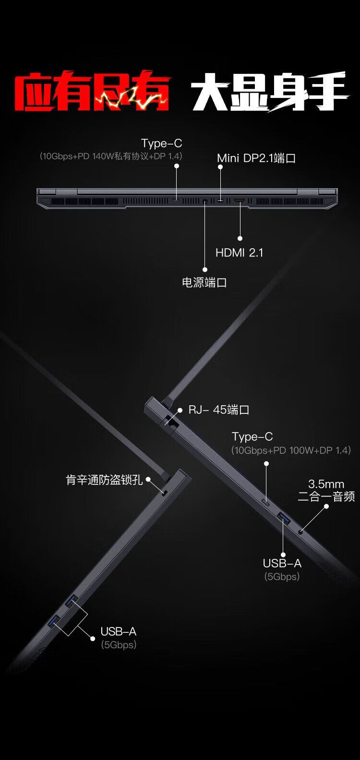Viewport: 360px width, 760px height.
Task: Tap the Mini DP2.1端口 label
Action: (x=256, y=158)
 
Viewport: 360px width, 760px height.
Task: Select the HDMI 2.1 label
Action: (x=240, y=253)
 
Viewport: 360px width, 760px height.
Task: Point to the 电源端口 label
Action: (x=204, y=282)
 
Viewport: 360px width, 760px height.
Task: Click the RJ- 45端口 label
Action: (x=218, y=410)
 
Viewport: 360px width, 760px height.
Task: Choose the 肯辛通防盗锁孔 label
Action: (x=104, y=480)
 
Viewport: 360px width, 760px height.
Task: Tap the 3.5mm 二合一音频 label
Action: (x=326, y=490)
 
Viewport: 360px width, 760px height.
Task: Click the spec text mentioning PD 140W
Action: (x=111, y=156)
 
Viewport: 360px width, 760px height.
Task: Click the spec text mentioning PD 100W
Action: (x=291, y=450)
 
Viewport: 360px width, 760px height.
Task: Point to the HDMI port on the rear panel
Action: (x=240, y=201)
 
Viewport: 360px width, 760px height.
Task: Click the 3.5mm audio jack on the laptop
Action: (x=301, y=531)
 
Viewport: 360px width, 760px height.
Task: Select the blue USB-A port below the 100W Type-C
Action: (x=284, y=518)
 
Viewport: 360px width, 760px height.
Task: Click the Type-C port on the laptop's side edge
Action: (x=266, y=502)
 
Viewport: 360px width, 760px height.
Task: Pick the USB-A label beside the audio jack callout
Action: (x=282, y=563)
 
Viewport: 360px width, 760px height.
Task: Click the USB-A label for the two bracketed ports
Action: (x=118, y=631)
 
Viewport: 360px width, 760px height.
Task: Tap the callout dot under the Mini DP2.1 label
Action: (x=220, y=167)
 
